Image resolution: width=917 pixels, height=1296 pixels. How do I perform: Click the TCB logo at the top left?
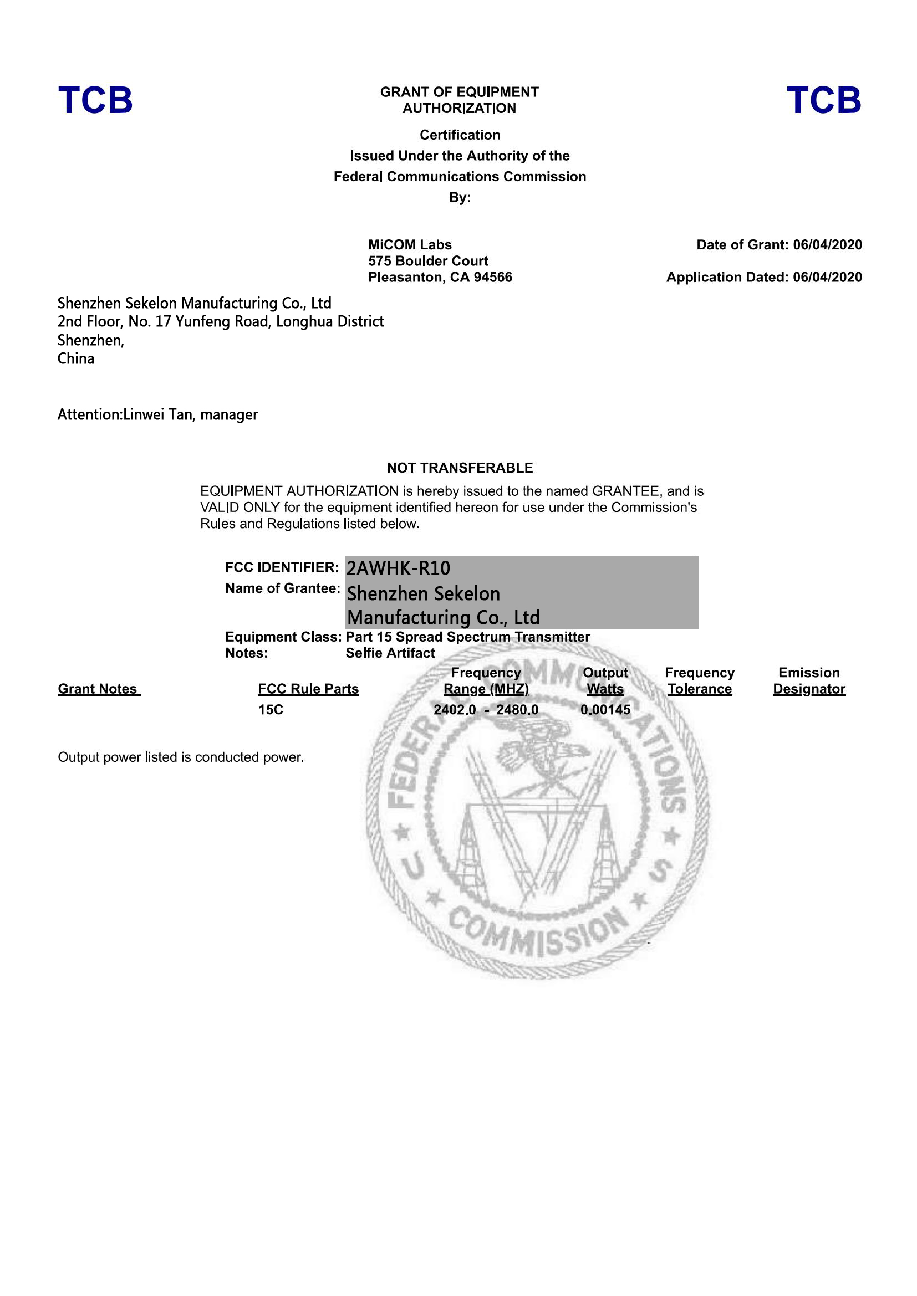pos(95,100)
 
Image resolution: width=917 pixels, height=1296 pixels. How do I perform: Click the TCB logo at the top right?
pos(824,100)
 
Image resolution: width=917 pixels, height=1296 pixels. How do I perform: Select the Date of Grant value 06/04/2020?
pos(827,245)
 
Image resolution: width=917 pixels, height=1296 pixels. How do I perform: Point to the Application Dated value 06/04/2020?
pos(827,277)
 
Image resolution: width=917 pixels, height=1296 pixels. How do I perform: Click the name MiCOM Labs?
pos(410,245)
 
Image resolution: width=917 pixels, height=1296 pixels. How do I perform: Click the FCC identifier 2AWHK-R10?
pos(398,568)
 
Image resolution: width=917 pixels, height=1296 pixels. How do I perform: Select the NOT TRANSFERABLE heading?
pos(460,468)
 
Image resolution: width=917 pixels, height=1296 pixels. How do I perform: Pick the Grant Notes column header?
pos(98,689)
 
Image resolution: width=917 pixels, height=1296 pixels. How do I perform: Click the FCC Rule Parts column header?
pos(308,689)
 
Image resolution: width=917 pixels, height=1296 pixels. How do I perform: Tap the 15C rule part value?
pos(271,710)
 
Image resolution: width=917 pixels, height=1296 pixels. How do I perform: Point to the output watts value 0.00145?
pos(605,710)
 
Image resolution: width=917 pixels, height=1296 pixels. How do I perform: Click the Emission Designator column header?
pos(809,682)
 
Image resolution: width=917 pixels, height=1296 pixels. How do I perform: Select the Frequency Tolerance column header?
pos(700,682)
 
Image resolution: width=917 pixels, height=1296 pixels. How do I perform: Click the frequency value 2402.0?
pos(455,710)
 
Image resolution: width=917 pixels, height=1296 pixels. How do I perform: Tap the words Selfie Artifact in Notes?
pos(390,653)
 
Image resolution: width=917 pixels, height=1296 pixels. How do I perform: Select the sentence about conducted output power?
pos(181,757)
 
